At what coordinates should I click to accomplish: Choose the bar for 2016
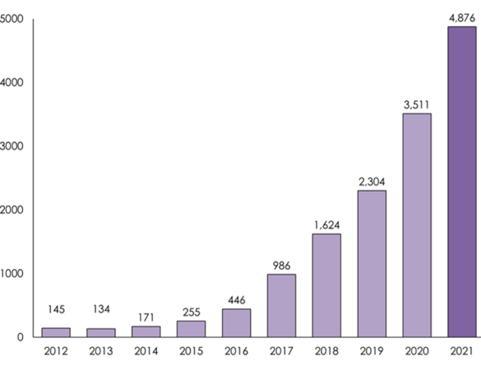(x=236, y=322)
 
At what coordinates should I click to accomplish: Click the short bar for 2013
(x=101, y=333)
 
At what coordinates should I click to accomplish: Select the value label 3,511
(x=417, y=104)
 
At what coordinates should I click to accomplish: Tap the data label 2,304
(x=371, y=182)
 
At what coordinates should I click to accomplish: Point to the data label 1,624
(x=327, y=225)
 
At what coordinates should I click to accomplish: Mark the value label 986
(x=281, y=265)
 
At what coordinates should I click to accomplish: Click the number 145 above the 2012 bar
(x=56, y=309)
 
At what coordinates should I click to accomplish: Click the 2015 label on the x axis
(x=191, y=351)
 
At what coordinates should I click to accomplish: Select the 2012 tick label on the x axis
(x=56, y=351)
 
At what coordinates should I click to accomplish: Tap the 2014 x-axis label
(x=146, y=351)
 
